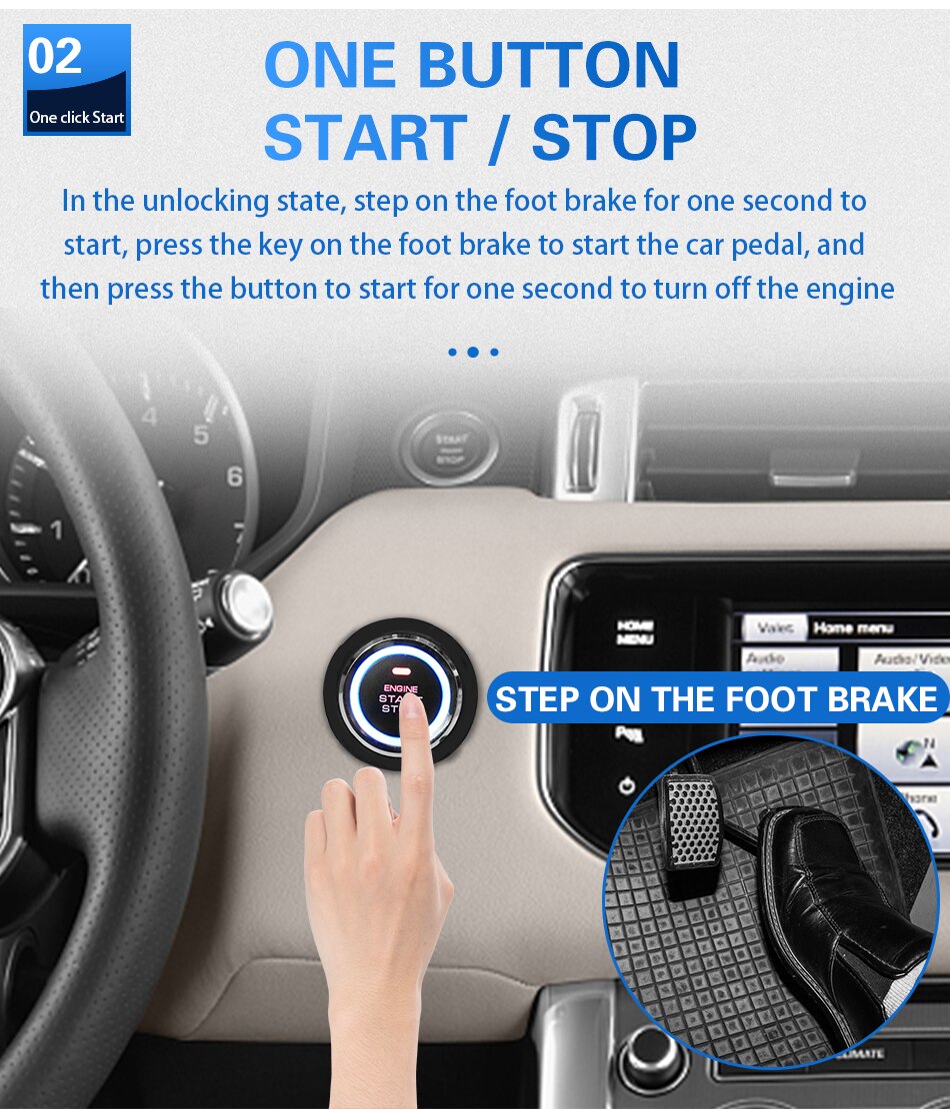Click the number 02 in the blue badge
(x=55, y=57)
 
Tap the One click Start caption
(x=77, y=117)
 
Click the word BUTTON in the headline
(x=548, y=65)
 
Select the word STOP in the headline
(x=614, y=138)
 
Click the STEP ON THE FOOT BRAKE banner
(x=716, y=698)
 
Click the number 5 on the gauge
(x=202, y=435)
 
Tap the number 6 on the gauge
(x=234, y=477)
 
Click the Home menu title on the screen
(x=852, y=627)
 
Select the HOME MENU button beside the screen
(x=635, y=631)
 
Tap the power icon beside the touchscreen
(x=627, y=786)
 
